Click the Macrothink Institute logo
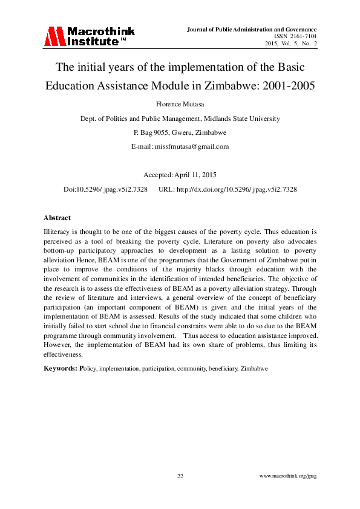[x=88, y=36]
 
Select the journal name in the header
[x=253, y=29]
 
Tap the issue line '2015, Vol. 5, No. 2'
[x=291, y=44]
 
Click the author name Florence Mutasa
[x=180, y=104]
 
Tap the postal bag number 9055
[x=163, y=132]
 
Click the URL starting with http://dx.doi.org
[x=240, y=189]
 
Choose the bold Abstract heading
[x=57, y=218]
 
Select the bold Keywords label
[x=60, y=368]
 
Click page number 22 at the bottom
[x=180, y=476]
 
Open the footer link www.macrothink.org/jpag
[x=288, y=476]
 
